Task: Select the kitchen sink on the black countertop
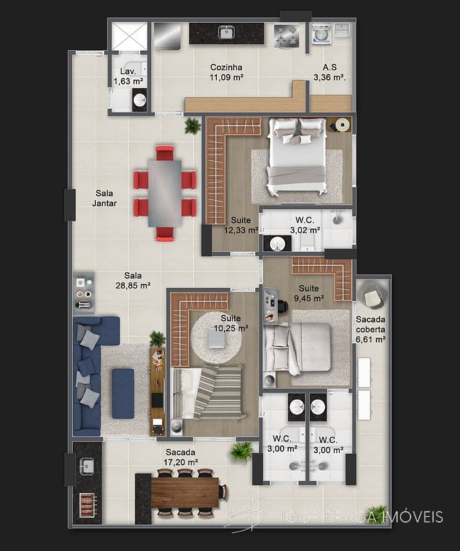coord(226,32)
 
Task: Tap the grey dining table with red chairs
coord(165,193)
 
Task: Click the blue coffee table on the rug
coord(122,393)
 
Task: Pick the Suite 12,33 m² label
coord(241,225)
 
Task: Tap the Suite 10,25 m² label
coord(230,322)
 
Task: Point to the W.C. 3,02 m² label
coord(304,225)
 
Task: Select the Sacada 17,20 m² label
coord(181,457)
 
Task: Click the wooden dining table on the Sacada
coord(185,492)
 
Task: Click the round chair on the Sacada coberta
coord(372,296)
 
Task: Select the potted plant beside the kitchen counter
coord(192,126)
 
